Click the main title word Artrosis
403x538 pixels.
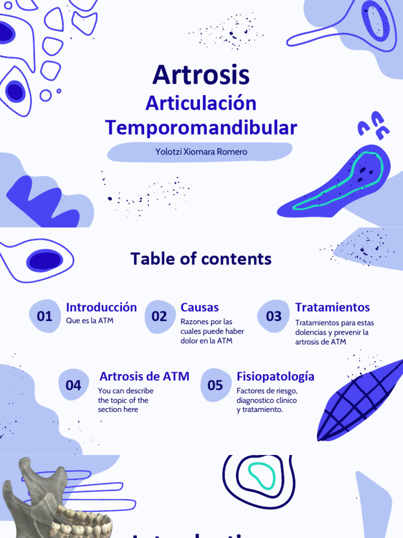tap(201, 75)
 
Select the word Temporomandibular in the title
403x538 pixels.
tap(201, 128)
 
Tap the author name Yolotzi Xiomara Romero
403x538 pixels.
tap(201, 152)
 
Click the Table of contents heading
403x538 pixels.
tap(201, 259)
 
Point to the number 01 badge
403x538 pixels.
tap(45, 316)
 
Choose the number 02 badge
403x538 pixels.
tap(160, 316)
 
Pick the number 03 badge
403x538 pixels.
tap(273, 316)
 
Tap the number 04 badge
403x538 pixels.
tap(73, 386)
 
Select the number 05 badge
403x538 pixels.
tap(215, 386)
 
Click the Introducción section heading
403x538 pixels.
tap(101, 307)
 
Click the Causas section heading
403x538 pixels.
tap(199, 307)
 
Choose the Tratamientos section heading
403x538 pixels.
tap(332, 307)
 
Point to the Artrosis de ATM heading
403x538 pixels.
tap(144, 376)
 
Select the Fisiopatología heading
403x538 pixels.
tap(275, 376)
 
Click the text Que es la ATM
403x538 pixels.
tap(90, 321)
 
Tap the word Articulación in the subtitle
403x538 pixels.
tap(201, 104)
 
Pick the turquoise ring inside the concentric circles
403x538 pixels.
tap(261, 476)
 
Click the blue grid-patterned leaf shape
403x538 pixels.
tap(357, 402)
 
